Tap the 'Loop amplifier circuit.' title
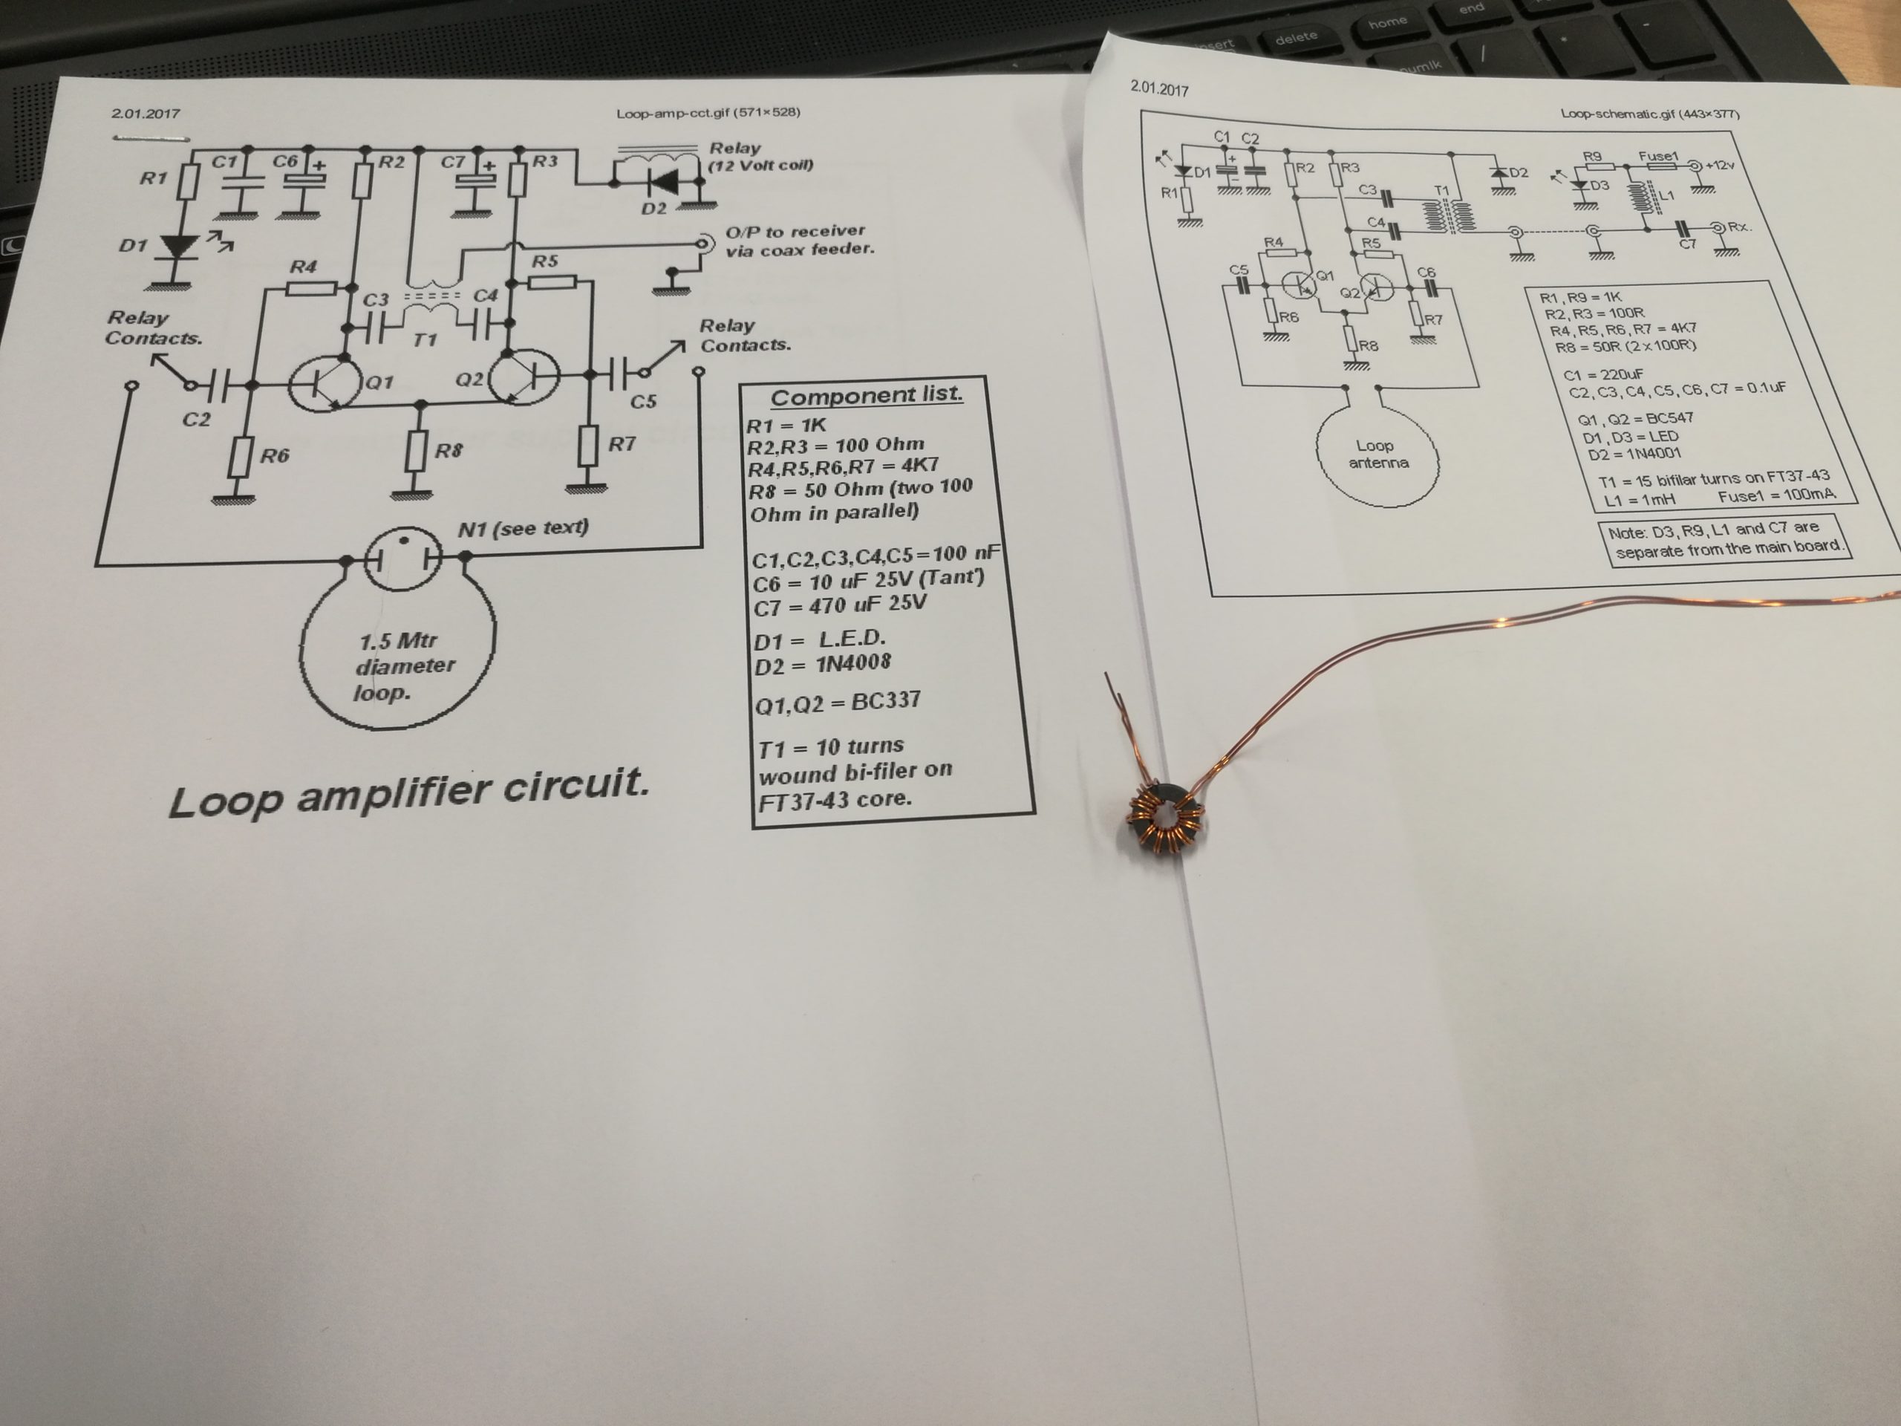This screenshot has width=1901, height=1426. [x=408, y=792]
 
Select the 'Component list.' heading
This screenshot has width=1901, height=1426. [x=867, y=395]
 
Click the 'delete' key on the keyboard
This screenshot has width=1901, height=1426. [x=1296, y=38]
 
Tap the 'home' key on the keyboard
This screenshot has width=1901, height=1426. [x=1388, y=22]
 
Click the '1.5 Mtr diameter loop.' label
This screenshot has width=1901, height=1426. [x=404, y=666]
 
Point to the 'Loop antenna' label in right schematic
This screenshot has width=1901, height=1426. [x=1378, y=454]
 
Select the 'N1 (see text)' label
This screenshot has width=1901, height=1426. [x=523, y=528]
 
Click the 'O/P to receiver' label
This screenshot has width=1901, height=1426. [x=795, y=231]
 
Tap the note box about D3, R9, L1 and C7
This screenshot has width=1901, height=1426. [x=1725, y=540]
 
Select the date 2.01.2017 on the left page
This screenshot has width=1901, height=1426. [x=146, y=113]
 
